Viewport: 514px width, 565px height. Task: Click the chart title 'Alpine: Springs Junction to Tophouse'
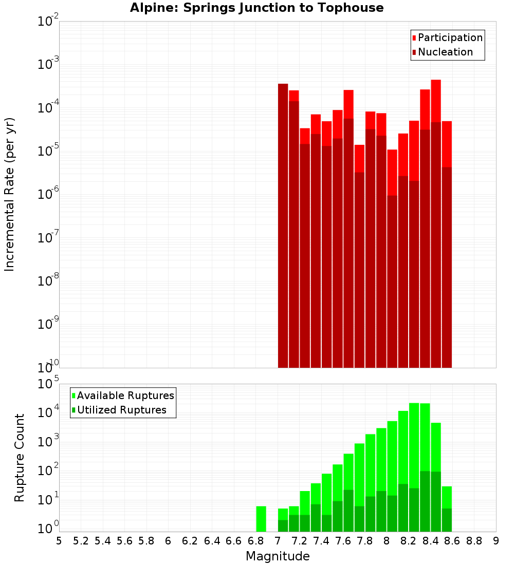(256, 8)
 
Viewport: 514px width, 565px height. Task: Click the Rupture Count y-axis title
(20, 458)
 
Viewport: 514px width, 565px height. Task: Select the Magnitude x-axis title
(278, 556)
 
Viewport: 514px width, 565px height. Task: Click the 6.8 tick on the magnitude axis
(255, 541)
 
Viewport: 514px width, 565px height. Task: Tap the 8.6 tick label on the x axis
(452, 541)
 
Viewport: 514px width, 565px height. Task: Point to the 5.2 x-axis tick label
(81, 541)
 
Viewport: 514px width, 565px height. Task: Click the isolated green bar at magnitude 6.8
(261, 519)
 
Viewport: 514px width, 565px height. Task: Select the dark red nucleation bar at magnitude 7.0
(283, 226)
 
